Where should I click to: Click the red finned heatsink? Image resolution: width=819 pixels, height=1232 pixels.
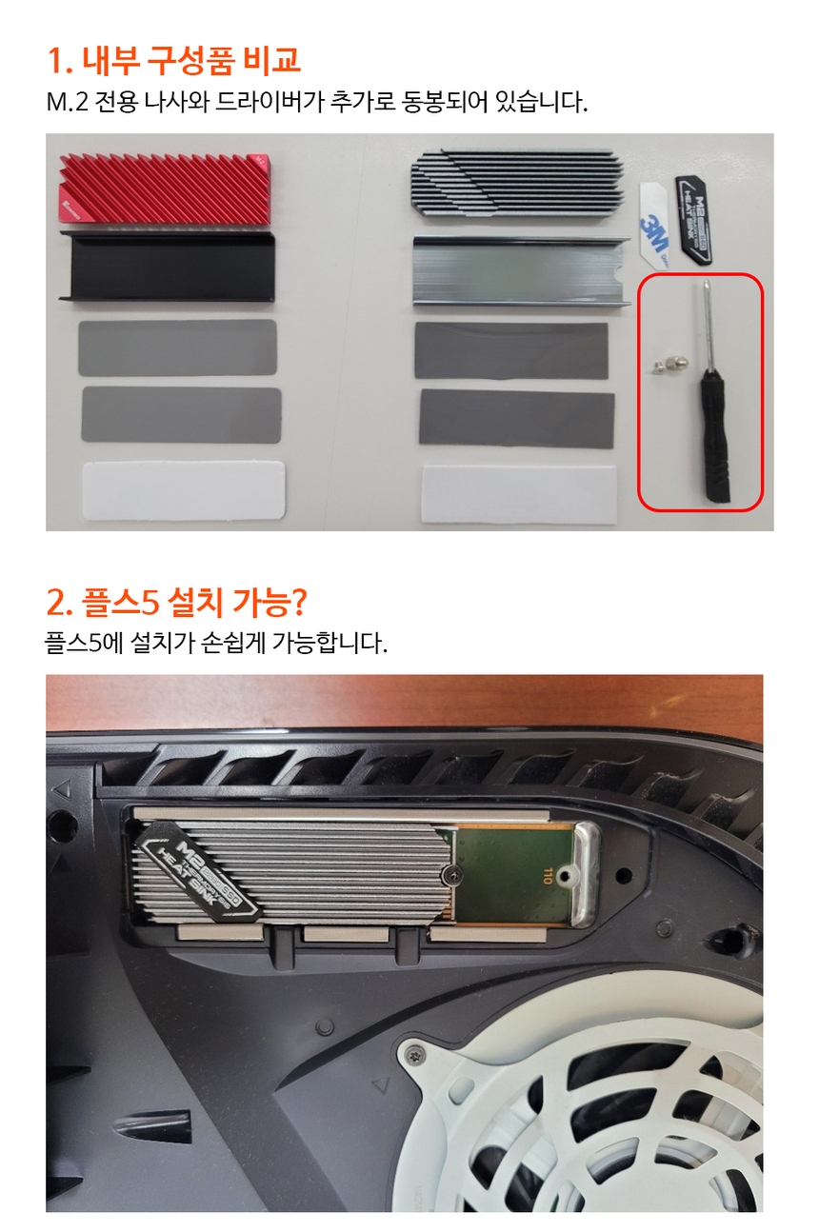(x=165, y=189)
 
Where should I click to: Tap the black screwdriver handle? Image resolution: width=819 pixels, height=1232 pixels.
(x=715, y=434)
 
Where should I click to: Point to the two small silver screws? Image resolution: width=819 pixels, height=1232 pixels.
(x=669, y=366)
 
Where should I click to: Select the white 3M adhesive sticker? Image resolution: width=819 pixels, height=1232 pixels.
(x=654, y=226)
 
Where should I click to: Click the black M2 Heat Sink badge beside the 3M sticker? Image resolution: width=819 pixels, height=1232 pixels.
(x=694, y=219)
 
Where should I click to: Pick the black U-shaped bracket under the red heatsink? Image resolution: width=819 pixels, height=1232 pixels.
(x=167, y=267)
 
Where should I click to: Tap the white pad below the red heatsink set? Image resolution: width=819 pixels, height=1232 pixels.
(x=184, y=490)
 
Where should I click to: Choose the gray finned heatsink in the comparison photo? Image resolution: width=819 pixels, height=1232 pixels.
(x=517, y=183)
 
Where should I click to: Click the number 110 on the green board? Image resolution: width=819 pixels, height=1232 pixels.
(x=547, y=875)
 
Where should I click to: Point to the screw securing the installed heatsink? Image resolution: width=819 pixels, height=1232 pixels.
(x=451, y=872)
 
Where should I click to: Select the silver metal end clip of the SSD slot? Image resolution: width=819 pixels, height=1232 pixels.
(x=587, y=873)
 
